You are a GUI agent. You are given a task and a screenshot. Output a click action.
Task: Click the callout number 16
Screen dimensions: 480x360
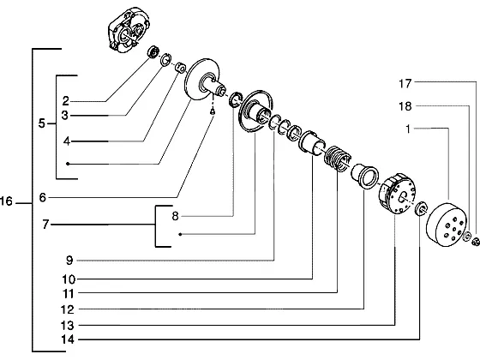click(6, 201)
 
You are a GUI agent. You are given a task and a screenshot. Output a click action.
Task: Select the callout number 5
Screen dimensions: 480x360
click(42, 123)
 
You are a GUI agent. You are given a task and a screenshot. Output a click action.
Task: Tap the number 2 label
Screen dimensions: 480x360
click(66, 101)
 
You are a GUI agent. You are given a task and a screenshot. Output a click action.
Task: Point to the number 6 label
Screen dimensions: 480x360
click(43, 197)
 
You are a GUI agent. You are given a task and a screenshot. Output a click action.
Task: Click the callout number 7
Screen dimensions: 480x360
click(45, 225)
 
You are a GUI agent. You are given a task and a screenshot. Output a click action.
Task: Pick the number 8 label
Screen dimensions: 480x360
click(175, 216)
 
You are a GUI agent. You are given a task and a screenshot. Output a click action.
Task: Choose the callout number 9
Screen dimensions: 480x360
click(69, 261)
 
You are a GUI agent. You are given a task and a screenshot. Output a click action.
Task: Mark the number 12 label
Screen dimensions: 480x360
click(68, 309)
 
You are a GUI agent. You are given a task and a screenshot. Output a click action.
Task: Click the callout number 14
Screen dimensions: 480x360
click(68, 339)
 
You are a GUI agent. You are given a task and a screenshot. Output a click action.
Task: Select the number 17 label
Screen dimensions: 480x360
click(405, 84)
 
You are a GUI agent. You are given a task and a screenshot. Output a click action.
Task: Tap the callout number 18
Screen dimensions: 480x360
click(405, 106)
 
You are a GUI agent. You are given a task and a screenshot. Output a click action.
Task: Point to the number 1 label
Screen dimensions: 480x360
click(408, 129)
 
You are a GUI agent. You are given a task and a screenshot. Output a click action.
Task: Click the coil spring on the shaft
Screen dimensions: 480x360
click(337, 158)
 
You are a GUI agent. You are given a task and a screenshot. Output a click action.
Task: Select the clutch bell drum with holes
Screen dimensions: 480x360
click(447, 225)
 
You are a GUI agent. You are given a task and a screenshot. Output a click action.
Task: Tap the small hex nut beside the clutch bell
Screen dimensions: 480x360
click(476, 241)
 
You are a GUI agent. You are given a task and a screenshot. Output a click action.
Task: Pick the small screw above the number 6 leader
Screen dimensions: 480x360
click(213, 112)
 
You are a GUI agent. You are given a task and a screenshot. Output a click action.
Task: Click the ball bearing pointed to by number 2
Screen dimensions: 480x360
click(153, 51)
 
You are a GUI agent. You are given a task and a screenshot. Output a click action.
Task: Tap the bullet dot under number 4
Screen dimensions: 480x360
click(68, 164)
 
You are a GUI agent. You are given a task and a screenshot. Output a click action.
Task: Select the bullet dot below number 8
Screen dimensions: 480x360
click(180, 235)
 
